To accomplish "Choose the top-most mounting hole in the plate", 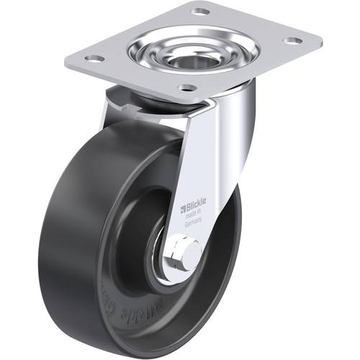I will pyautogui.click(x=200, y=12).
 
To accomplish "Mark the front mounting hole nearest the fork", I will pyautogui.click(x=187, y=88).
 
